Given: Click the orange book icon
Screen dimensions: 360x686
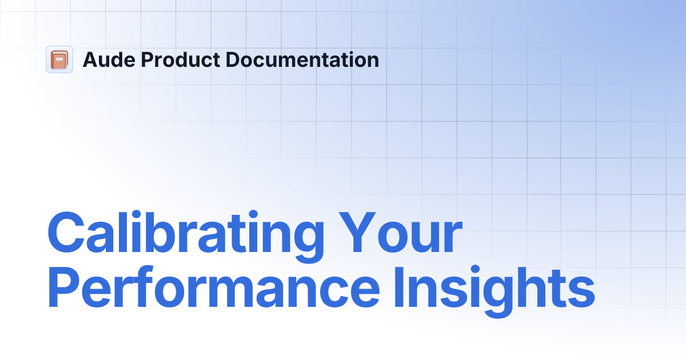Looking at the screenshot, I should coord(59,59).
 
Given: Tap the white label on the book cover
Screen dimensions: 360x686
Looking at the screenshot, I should coord(59,57).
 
